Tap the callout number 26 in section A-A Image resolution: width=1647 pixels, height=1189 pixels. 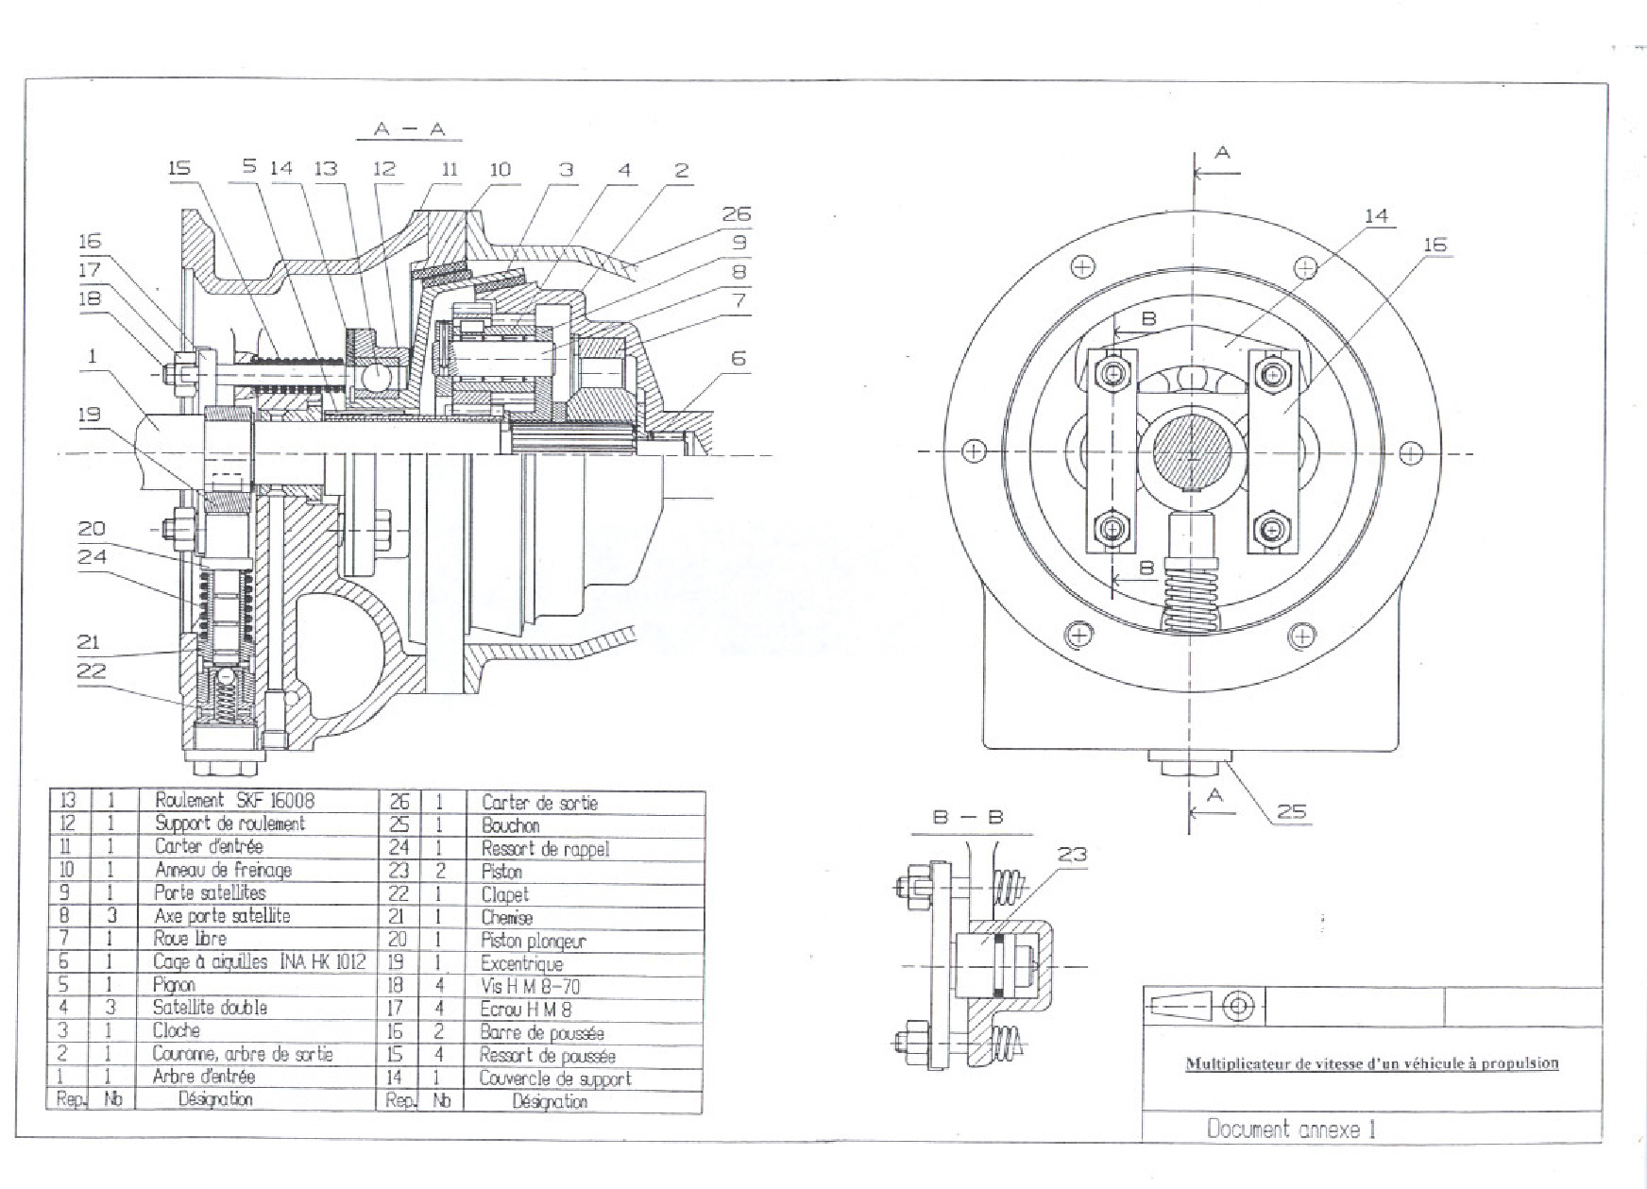[736, 214]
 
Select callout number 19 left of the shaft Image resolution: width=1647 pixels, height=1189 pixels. [89, 414]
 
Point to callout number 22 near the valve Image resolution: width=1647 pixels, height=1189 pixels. [92, 671]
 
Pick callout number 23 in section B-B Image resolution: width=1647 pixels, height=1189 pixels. [1072, 855]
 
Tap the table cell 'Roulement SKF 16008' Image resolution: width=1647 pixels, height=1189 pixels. [234, 801]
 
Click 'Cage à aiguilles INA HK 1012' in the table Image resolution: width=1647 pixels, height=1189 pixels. [259, 962]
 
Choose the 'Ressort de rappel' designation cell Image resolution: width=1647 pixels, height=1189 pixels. [545, 849]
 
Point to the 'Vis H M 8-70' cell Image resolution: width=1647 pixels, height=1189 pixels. [530, 987]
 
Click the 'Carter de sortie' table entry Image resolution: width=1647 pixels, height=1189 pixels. [539, 803]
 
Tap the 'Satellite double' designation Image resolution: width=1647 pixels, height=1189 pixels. [210, 1008]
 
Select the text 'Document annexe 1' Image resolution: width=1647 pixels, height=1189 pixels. [1291, 1129]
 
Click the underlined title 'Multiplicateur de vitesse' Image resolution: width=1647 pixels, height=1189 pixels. [1371, 1063]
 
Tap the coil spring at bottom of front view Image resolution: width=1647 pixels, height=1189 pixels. [1190, 595]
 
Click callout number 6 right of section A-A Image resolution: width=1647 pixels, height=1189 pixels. [739, 358]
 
